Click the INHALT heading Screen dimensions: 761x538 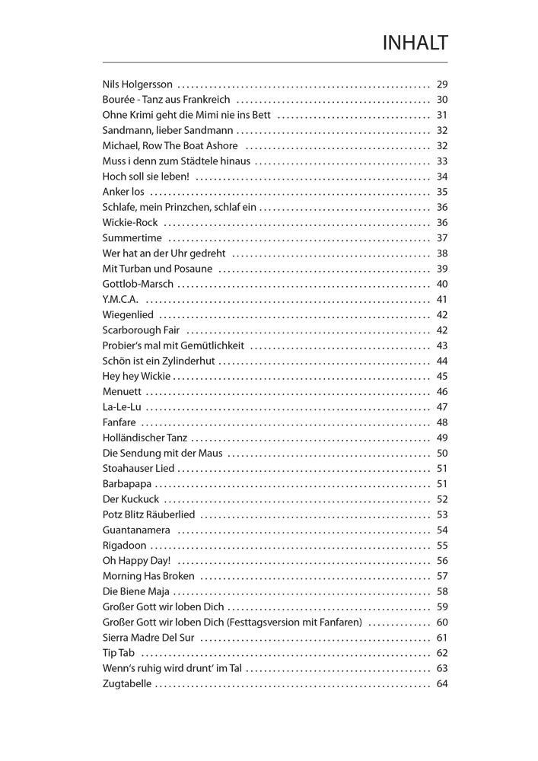pyautogui.click(x=415, y=43)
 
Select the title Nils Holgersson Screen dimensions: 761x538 pyautogui.click(x=137, y=84)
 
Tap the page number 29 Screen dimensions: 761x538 pyautogui.click(x=442, y=84)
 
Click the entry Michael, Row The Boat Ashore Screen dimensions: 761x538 pyautogui.click(x=170, y=146)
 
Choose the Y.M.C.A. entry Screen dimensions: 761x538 pyautogui.click(x=120, y=300)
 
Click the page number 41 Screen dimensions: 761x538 pyautogui.click(x=442, y=300)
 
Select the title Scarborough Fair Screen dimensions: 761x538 pyautogui.click(x=141, y=330)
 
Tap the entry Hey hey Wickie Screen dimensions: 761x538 pyautogui.click(x=136, y=377)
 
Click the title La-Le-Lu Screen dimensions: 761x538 pyautogui.click(x=122, y=407)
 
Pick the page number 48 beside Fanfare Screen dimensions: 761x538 pyautogui.click(x=442, y=422)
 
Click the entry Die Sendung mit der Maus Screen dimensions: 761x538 pyautogui.click(x=161, y=454)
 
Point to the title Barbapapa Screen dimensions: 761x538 pyautogui.click(x=126, y=484)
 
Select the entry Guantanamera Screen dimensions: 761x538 pyautogui.click(x=136, y=530)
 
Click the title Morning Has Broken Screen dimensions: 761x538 pyautogui.click(x=148, y=576)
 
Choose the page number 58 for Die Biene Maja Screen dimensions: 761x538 pyautogui.click(x=442, y=591)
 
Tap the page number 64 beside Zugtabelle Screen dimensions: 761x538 pyautogui.click(x=442, y=684)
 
